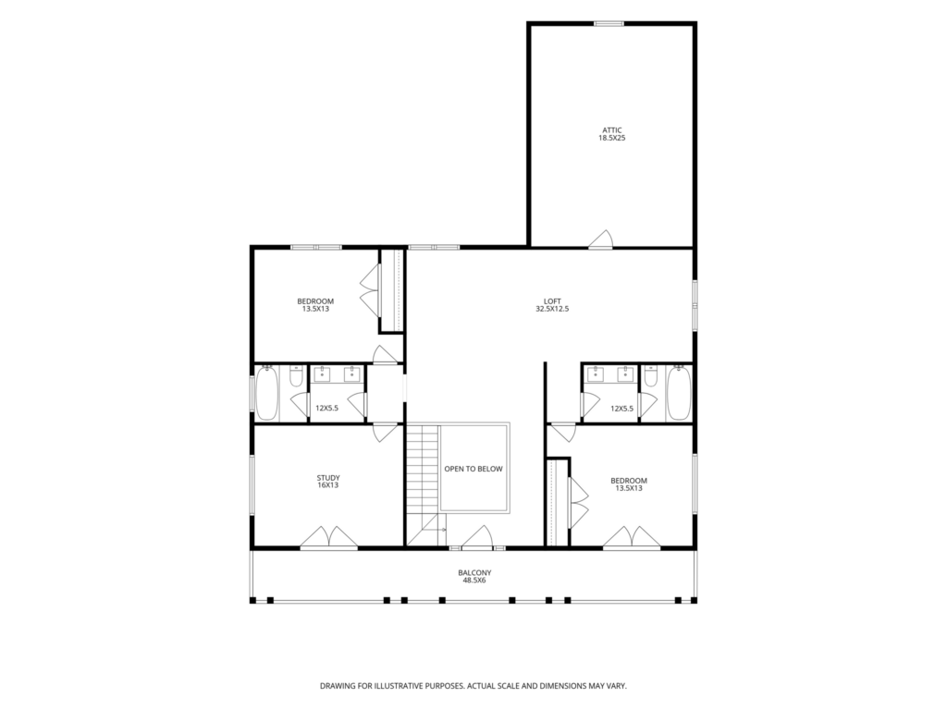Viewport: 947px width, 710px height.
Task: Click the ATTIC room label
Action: tap(612, 129)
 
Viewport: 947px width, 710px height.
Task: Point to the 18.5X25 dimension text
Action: tap(612, 138)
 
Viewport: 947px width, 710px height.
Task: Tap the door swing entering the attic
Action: tap(601, 239)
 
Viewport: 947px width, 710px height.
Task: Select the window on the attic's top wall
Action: tap(609, 23)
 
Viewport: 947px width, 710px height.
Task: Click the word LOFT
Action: tap(552, 300)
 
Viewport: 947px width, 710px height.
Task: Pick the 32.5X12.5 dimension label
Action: tap(552, 309)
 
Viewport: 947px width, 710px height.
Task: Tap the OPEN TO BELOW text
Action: tap(473, 469)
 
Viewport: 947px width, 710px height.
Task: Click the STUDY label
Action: tap(328, 478)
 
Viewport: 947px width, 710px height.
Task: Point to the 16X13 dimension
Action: tap(328, 485)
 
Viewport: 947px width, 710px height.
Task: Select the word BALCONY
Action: tap(474, 572)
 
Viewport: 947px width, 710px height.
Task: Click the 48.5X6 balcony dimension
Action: tap(474, 581)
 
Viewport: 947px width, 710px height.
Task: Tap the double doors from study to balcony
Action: tap(329, 537)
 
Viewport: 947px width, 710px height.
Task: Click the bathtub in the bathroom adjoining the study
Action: tap(266, 393)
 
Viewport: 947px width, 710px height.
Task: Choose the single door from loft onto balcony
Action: tap(479, 537)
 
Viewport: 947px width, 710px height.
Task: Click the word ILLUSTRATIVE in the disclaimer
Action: tap(400, 686)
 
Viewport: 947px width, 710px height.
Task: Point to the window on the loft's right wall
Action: tap(695, 305)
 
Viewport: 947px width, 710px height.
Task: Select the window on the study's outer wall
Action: tap(252, 484)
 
